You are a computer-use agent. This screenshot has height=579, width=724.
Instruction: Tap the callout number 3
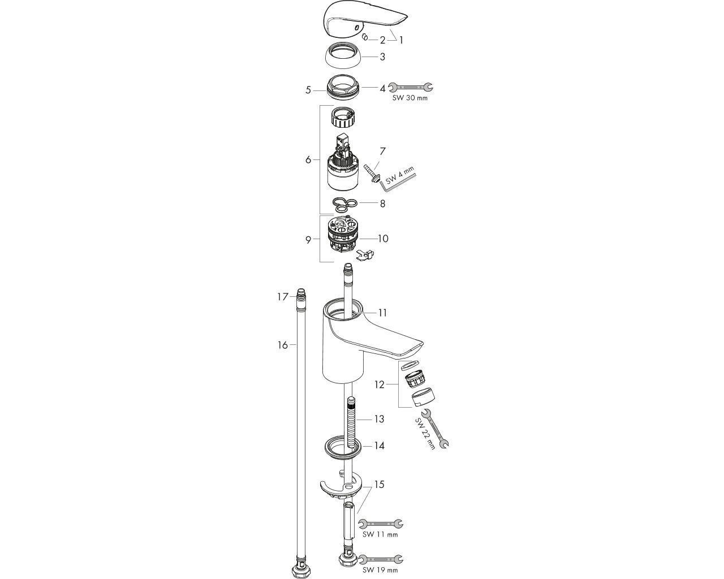[382, 57]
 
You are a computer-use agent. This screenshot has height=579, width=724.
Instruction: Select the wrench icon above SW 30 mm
[411, 88]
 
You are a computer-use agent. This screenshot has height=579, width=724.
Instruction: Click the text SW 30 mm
[410, 98]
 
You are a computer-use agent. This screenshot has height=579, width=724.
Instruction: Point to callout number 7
[382, 151]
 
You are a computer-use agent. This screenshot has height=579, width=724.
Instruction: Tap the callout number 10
[383, 239]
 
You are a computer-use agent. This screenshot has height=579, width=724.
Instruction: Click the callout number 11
[382, 313]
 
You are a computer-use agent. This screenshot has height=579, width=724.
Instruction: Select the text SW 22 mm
[425, 433]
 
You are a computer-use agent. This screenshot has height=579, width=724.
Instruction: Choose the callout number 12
[379, 384]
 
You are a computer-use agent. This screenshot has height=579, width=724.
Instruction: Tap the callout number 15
[380, 485]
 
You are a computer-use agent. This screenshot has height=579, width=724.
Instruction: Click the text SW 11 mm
[380, 534]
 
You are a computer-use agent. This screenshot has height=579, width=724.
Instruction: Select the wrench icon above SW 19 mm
[381, 559]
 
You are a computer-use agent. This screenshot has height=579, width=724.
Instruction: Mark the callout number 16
[283, 345]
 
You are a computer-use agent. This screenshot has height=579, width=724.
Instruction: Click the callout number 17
[283, 297]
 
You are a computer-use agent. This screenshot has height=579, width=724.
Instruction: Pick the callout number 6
[308, 159]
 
